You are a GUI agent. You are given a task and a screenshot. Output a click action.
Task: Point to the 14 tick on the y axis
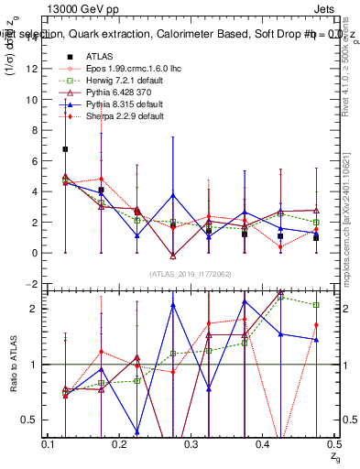pos(33,38)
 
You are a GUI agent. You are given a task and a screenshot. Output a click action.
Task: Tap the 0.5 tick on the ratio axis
pos(31,420)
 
